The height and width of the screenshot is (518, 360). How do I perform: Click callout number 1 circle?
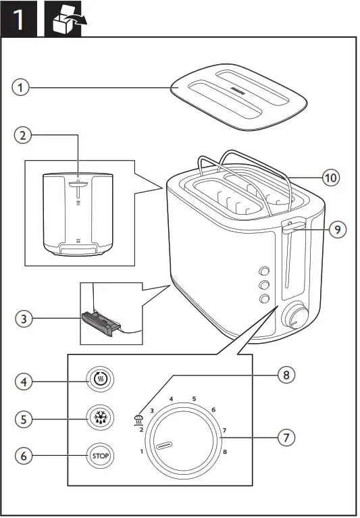click(22, 87)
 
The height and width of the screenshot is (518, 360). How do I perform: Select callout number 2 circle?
click(22, 136)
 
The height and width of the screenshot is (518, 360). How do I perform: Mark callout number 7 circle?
click(286, 437)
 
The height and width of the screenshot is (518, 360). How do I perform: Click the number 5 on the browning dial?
click(194, 399)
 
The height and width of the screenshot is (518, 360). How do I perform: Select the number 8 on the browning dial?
click(224, 451)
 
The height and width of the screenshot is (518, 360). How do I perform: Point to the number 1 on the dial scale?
click(142, 451)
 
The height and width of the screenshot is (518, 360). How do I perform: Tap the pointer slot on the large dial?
click(165, 446)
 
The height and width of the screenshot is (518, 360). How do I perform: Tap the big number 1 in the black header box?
click(21, 20)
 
